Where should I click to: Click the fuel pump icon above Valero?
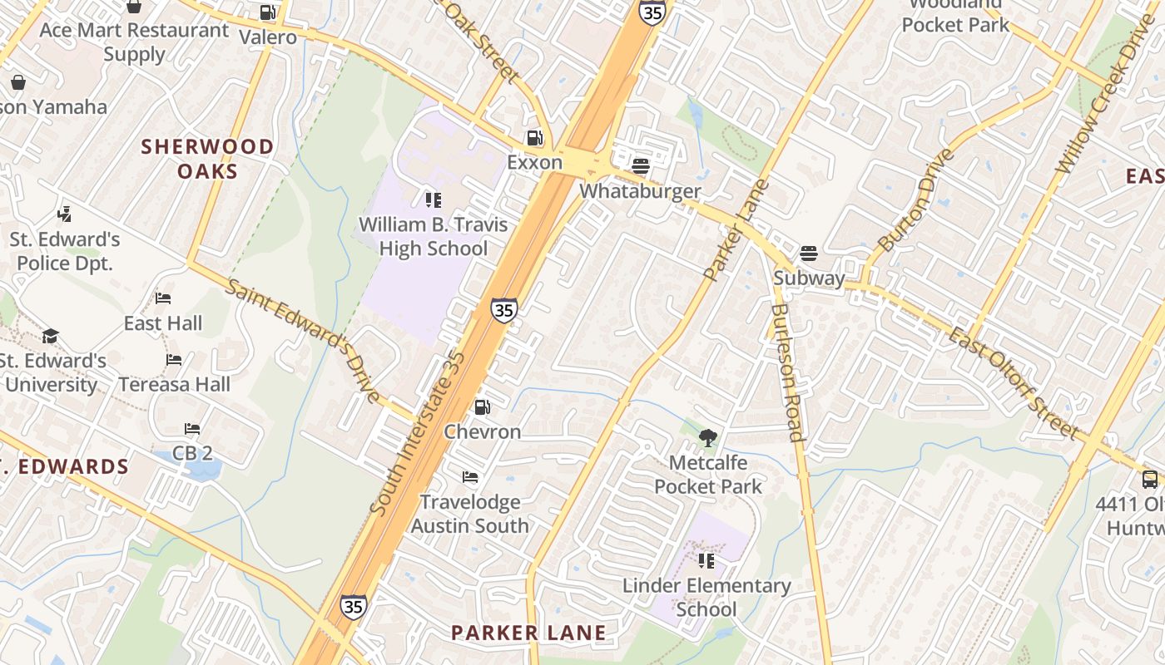tap(267, 12)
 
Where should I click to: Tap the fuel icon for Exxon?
tap(534, 138)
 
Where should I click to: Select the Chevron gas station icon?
tap(482, 407)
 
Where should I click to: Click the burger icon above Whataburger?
tap(640, 166)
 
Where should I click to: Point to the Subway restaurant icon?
tap(809, 253)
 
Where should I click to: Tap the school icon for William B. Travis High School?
tap(433, 199)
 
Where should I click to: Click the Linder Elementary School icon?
tap(706, 561)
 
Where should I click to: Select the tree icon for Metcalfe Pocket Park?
tap(708, 437)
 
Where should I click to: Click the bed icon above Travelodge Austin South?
tap(470, 477)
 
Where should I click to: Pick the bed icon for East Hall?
tap(163, 298)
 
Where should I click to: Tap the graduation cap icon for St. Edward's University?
tap(51, 336)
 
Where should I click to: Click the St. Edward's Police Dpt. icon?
tap(65, 214)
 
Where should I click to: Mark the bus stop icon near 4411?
tap(1150, 480)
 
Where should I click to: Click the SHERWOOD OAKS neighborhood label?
tap(207, 159)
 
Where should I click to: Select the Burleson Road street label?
tap(786, 372)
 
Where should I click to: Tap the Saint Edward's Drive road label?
tap(304, 341)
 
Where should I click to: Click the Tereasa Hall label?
tap(174, 384)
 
